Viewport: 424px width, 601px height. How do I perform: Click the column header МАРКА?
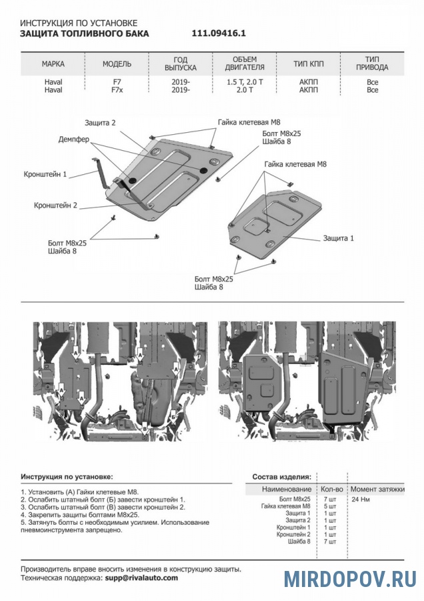[53, 64]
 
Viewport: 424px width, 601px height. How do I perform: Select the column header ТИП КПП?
[309, 64]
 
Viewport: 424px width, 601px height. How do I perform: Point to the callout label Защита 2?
[101, 123]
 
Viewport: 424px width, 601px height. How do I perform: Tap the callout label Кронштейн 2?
[56, 206]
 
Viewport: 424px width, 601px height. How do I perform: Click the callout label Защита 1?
[339, 238]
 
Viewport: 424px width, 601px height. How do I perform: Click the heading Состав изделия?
[281, 477]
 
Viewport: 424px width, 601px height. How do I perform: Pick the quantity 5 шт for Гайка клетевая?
[329, 506]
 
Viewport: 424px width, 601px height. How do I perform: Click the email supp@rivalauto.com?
[141, 578]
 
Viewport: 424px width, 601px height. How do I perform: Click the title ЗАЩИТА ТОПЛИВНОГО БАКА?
[85, 33]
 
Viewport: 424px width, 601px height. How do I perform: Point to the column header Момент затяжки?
[377, 489]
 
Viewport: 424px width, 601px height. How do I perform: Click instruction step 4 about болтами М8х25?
[79, 515]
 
